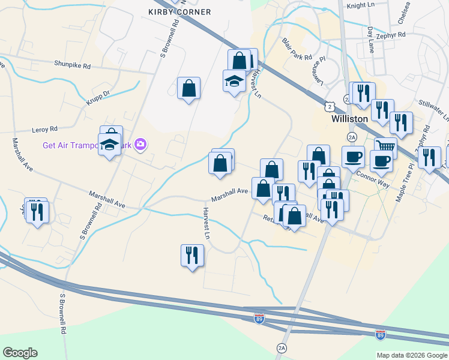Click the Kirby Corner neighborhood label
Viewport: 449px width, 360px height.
(179, 12)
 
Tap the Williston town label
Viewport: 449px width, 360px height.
(349, 119)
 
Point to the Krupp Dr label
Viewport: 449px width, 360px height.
(98, 96)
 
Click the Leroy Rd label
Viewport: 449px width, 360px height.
(45, 129)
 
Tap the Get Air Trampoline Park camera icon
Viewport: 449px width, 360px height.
(140, 144)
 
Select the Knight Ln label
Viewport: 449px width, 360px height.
(360, 5)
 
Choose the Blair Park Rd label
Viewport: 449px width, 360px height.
(297, 50)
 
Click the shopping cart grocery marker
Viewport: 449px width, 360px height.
(385, 146)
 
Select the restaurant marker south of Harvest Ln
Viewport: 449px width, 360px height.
(192, 255)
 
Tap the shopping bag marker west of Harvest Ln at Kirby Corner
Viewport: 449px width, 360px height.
(188, 88)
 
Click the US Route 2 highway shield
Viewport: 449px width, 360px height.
(330, 106)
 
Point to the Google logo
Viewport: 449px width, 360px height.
(20, 353)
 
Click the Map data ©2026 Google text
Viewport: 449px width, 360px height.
(411, 355)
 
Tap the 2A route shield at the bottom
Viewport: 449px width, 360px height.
(282, 348)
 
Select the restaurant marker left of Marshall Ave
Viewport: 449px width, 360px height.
(37, 211)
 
